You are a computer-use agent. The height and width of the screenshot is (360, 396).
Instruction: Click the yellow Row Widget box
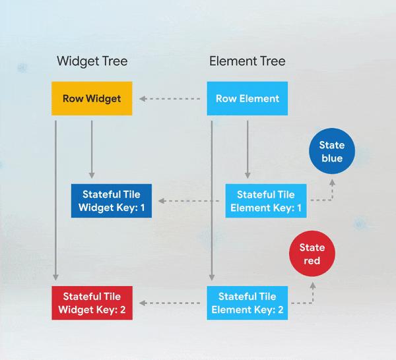pyautogui.click(x=92, y=98)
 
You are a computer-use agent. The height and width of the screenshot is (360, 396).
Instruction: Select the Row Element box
pyautogui.click(x=247, y=98)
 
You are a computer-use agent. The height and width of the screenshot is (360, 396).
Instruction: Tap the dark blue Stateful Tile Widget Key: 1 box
pyautogui.click(x=112, y=201)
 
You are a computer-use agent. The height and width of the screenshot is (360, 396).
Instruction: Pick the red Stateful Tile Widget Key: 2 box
pyautogui.click(x=92, y=303)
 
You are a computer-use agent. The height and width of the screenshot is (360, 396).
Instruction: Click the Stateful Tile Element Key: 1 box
pyautogui.click(x=266, y=201)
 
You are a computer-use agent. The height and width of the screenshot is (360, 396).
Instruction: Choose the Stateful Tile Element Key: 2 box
pyautogui.click(x=247, y=303)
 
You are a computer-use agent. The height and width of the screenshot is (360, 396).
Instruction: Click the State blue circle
pyautogui.click(x=332, y=151)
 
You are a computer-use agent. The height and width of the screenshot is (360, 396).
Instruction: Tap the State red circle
pyautogui.click(x=312, y=254)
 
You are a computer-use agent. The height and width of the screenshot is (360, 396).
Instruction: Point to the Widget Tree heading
pyautogui.click(x=92, y=61)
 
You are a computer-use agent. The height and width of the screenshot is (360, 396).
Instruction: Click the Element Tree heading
pyautogui.click(x=247, y=61)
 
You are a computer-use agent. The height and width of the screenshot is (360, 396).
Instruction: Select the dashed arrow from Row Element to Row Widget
pyautogui.click(x=170, y=99)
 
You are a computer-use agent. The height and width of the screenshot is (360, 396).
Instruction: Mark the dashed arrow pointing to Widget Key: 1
pyautogui.click(x=189, y=201)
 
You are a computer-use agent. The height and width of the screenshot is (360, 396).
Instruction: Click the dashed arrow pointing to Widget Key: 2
pyautogui.click(x=170, y=303)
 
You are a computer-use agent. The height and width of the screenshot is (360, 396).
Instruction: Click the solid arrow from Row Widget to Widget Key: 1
pyautogui.click(x=92, y=150)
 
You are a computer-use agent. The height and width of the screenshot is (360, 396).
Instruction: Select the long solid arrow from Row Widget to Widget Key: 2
pyautogui.click(x=56, y=200)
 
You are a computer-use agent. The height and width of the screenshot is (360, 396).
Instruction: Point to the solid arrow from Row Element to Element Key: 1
pyautogui.click(x=247, y=150)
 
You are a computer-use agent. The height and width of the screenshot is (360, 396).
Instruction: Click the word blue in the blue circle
pyautogui.click(x=332, y=158)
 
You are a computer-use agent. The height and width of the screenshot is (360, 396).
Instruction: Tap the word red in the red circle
pyautogui.click(x=312, y=260)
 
